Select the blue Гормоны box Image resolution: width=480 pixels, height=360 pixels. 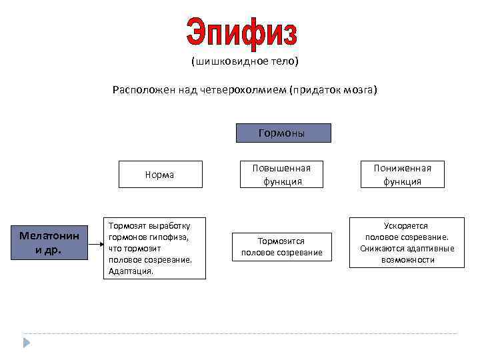pos(283,133)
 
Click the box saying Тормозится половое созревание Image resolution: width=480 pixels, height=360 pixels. pos(282,247)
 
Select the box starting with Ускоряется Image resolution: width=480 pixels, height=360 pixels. pos(407,243)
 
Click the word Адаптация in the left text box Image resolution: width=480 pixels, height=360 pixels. pos(129,271)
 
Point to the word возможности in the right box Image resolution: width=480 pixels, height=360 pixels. pos(407,260)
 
